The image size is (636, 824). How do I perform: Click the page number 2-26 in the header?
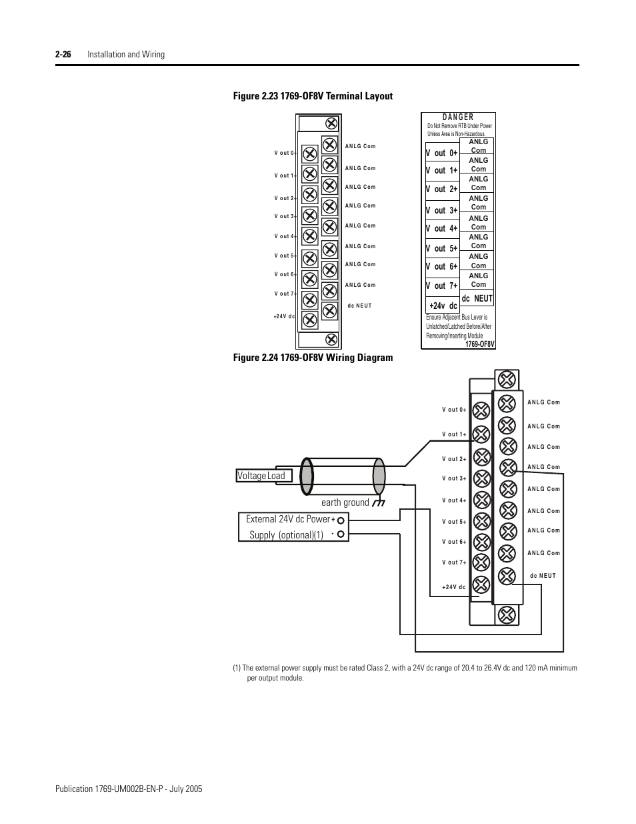click(x=64, y=54)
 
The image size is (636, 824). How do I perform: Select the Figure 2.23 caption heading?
click(x=313, y=96)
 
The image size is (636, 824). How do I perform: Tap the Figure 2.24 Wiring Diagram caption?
click(x=313, y=358)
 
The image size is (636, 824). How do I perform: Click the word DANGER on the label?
click(x=458, y=117)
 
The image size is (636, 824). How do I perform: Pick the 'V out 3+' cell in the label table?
click(x=442, y=210)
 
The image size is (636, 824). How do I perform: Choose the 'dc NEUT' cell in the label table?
click(x=477, y=299)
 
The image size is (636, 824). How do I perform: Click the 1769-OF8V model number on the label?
click(x=480, y=344)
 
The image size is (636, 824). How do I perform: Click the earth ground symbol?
click(x=379, y=502)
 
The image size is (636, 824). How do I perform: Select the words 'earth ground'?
click(x=345, y=502)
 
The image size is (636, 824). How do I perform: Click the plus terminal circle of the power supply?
click(x=341, y=519)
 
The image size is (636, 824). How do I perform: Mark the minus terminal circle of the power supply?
click(x=341, y=534)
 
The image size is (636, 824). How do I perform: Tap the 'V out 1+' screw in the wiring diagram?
click(x=481, y=434)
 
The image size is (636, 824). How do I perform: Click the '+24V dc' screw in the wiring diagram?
click(x=481, y=586)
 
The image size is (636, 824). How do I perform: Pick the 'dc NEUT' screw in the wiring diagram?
click(x=507, y=576)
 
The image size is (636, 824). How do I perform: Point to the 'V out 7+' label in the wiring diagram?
click(x=454, y=562)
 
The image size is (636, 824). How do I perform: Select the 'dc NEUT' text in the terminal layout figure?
click(x=359, y=306)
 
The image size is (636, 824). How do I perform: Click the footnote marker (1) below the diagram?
click(x=237, y=668)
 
